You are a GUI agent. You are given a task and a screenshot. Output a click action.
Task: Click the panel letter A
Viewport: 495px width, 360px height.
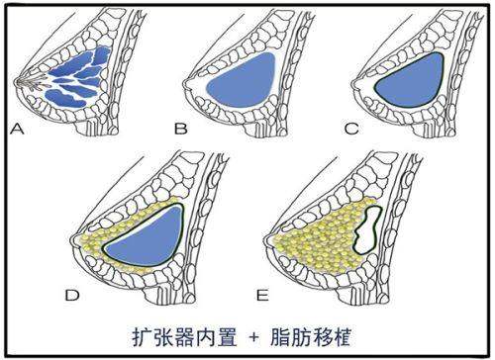click(x=16, y=128)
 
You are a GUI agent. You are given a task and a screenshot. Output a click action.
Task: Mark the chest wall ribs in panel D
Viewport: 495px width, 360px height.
click(x=208, y=237)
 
